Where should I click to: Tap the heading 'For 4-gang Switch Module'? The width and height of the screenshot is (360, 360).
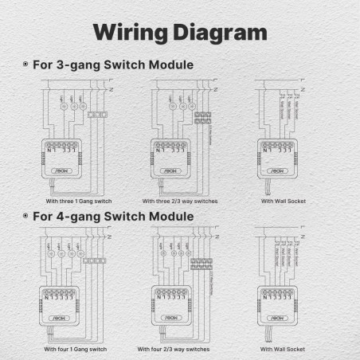point(112,216)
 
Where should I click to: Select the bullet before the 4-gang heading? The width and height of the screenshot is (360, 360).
point(25,216)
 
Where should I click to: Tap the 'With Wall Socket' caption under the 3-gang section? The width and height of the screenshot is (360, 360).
point(283,201)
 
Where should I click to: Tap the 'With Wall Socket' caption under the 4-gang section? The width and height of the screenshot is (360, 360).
point(283,349)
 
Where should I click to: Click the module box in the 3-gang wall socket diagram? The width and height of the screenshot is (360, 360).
point(276,157)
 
